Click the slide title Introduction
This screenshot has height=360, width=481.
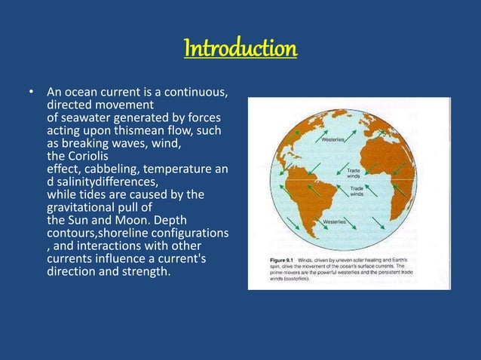pos(240,49)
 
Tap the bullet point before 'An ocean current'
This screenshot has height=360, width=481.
pos(31,93)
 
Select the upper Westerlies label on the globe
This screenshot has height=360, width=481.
pos(335,139)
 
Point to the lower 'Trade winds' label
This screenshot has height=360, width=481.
pos(355,194)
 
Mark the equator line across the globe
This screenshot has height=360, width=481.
pos(347,182)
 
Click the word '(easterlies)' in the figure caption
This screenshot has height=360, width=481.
pos(286,279)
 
